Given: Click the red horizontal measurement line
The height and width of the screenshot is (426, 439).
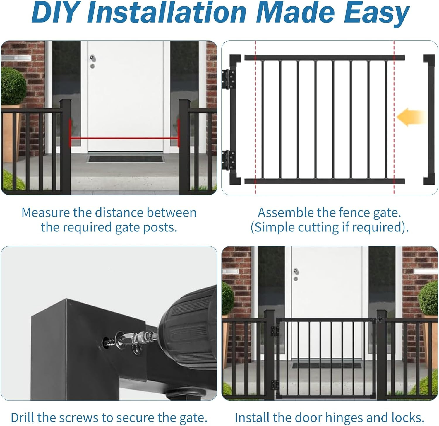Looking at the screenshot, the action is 124,139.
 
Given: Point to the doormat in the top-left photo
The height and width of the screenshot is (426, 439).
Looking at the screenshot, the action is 126,159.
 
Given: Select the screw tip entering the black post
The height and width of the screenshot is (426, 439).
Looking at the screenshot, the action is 106,341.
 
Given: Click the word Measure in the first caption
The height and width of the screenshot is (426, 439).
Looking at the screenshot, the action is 45,212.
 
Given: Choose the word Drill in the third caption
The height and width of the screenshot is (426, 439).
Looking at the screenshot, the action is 24,417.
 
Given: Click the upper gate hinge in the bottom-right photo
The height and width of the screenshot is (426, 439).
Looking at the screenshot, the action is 275,331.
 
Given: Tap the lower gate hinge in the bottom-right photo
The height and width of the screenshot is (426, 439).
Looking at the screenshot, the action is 275,385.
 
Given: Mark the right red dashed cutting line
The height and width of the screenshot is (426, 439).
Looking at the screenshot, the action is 394,117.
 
